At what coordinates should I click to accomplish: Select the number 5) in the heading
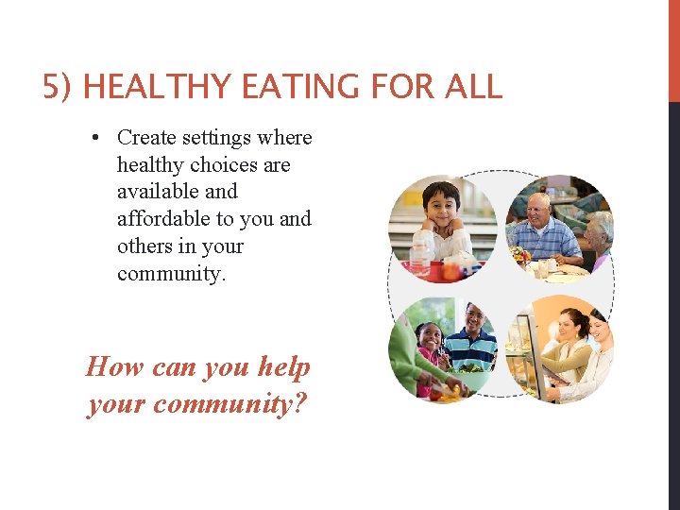click(59, 88)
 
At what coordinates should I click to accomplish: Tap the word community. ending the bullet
click(172, 274)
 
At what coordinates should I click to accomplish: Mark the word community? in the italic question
click(230, 404)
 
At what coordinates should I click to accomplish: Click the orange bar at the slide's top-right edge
click(673, 51)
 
